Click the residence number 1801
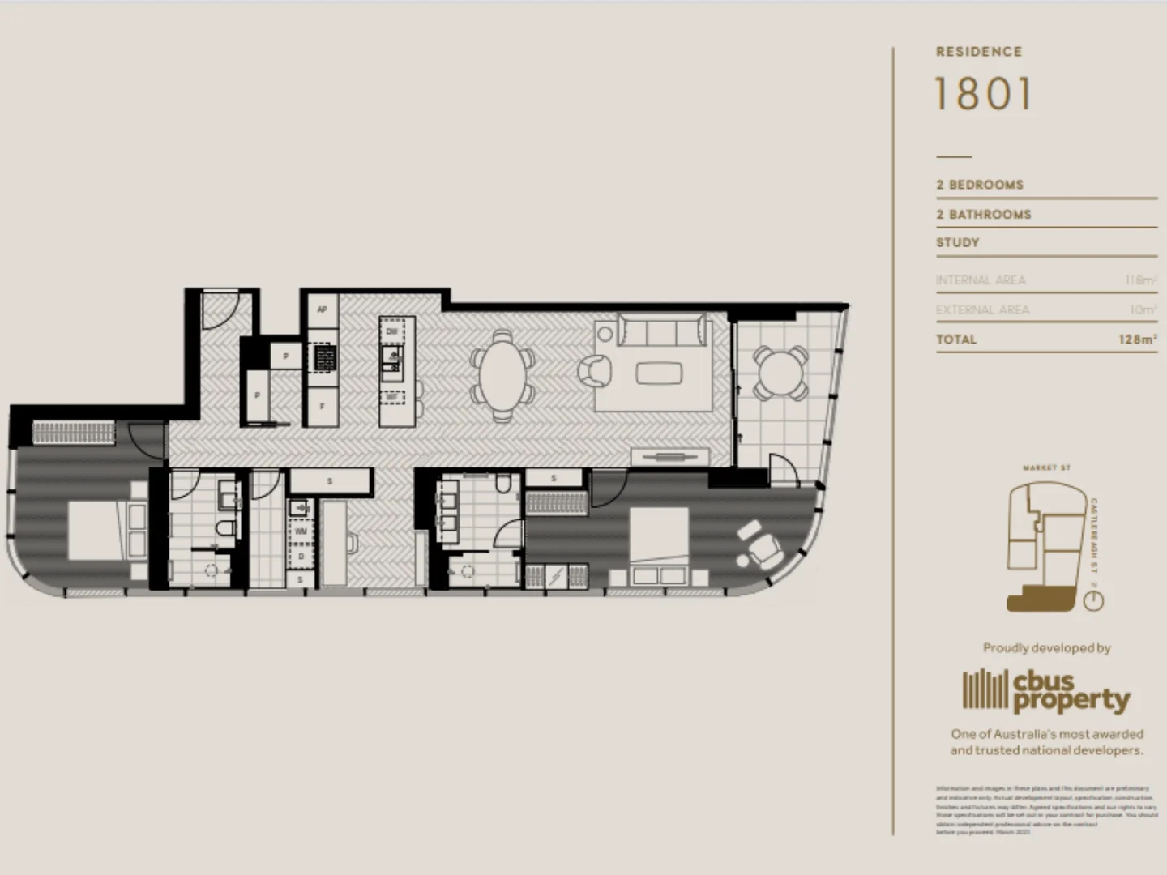click(983, 94)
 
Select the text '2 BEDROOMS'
click(979, 185)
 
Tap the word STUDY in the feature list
click(958, 242)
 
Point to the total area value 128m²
click(1137, 339)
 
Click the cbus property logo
click(1046, 691)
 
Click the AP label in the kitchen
click(322, 310)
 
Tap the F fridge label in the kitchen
click(322, 406)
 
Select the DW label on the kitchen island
click(392, 331)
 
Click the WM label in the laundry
click(301, 531)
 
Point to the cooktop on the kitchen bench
click(323, 357)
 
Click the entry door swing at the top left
click(218, 309)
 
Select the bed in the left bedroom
click(105, 531)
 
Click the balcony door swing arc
click(782, 468)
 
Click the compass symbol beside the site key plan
click(1093, 600)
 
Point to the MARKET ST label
click(1046, 468)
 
